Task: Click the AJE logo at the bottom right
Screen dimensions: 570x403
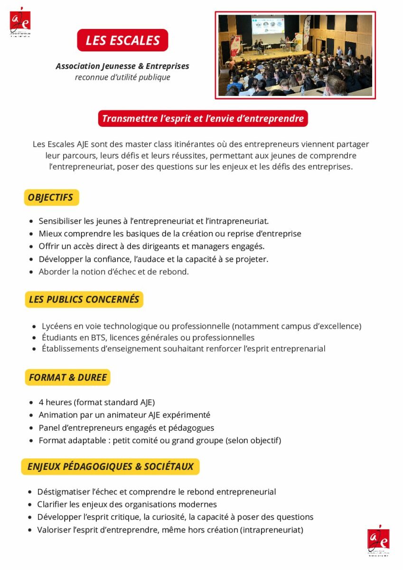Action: (x=378, y=540)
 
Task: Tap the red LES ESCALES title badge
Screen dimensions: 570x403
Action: (x=122, y=40)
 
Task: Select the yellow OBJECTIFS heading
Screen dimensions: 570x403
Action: (x=51, y=197)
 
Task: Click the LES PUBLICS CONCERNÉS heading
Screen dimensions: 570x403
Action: (x=84, y=299)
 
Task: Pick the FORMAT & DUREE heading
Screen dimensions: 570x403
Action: (x=68, y=378)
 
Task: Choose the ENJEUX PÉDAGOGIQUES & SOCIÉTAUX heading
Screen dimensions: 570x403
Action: (x=110, y=466)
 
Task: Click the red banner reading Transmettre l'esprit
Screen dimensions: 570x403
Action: (x=203, y=118)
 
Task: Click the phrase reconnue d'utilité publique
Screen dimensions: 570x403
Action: (x=122, y=77)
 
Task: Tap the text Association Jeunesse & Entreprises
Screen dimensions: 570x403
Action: (x=122, y=66)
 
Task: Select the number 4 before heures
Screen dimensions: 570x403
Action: (x=41, y=403)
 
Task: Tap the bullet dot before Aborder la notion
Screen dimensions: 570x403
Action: (x=31, y=272)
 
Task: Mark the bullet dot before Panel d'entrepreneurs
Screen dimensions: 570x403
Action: (x=31, y=428)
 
